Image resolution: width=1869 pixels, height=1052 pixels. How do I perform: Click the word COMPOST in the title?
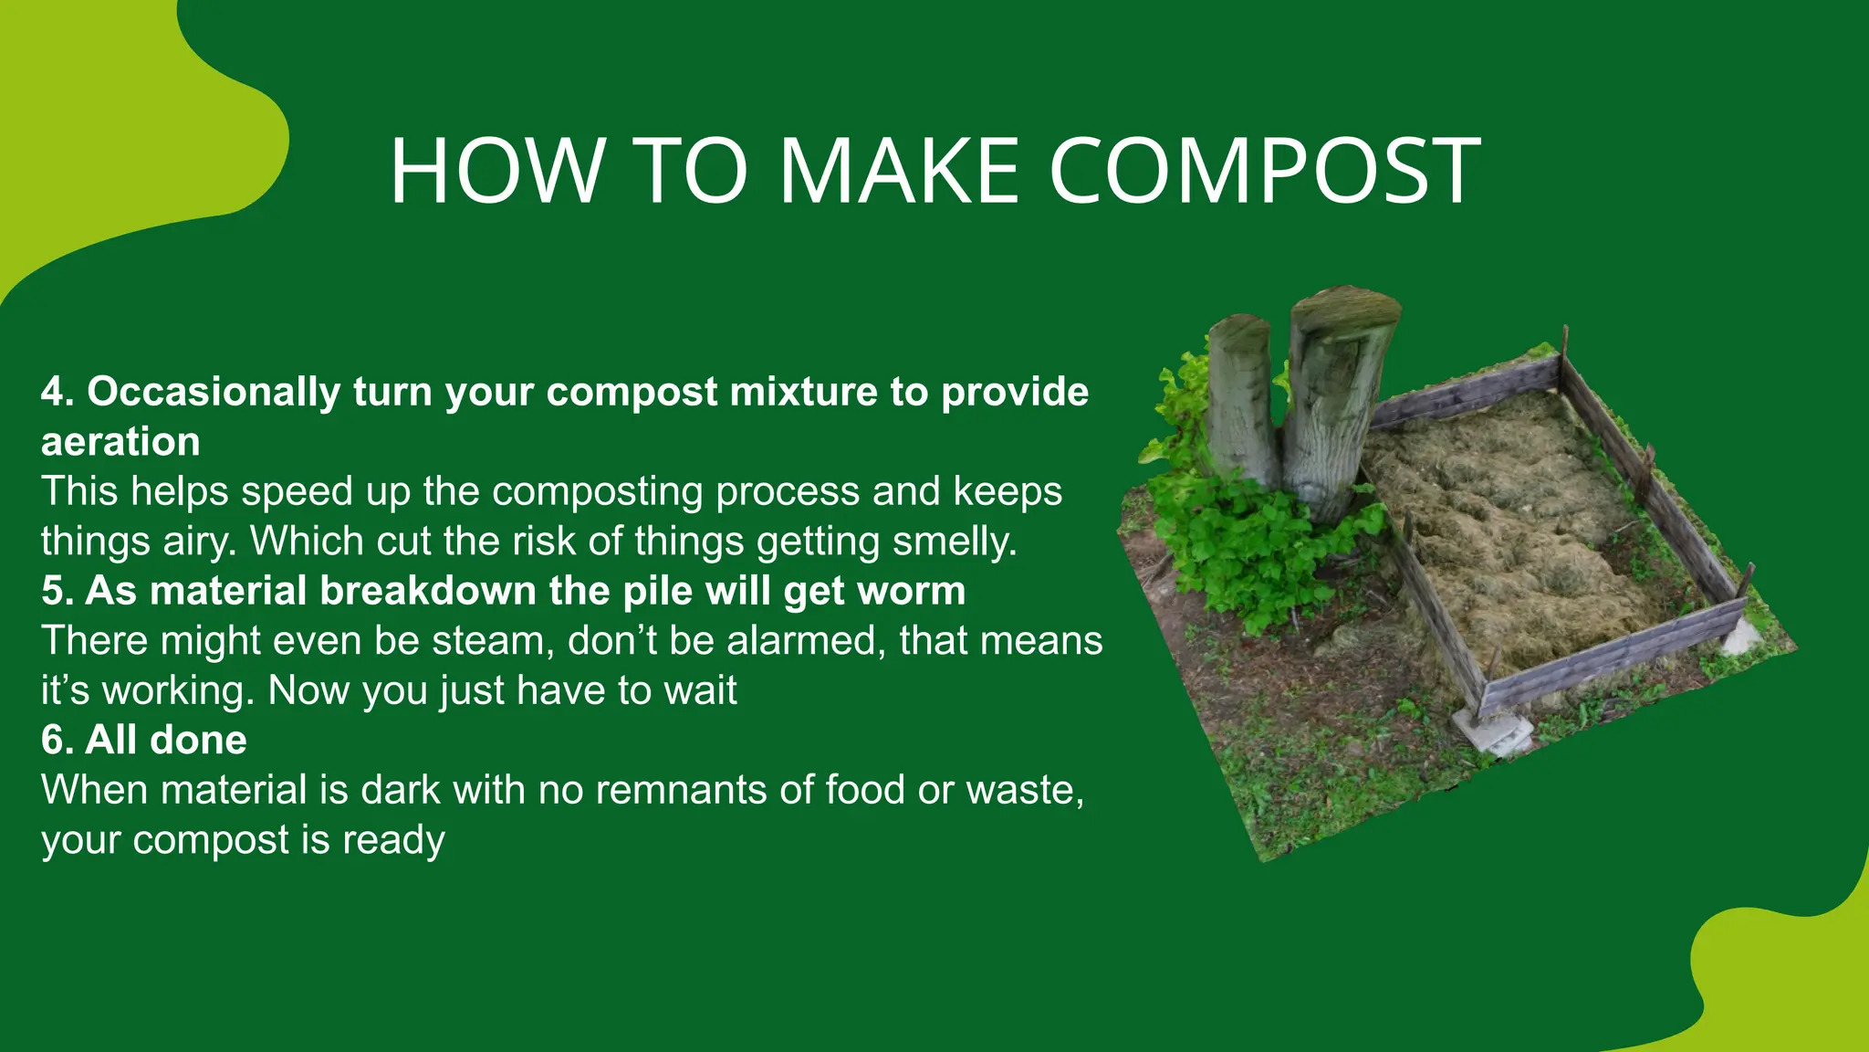1265,171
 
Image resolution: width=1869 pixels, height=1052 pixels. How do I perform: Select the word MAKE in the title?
898,171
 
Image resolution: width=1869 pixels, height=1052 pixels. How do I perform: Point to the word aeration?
120,442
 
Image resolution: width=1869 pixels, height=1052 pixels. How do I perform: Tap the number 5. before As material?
57,591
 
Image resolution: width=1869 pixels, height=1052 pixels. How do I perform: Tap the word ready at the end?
393,840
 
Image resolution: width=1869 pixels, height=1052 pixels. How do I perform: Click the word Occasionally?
214,392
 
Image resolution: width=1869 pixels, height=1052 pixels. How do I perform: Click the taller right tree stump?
1334,393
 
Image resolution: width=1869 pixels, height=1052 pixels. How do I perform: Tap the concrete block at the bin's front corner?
1488,731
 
